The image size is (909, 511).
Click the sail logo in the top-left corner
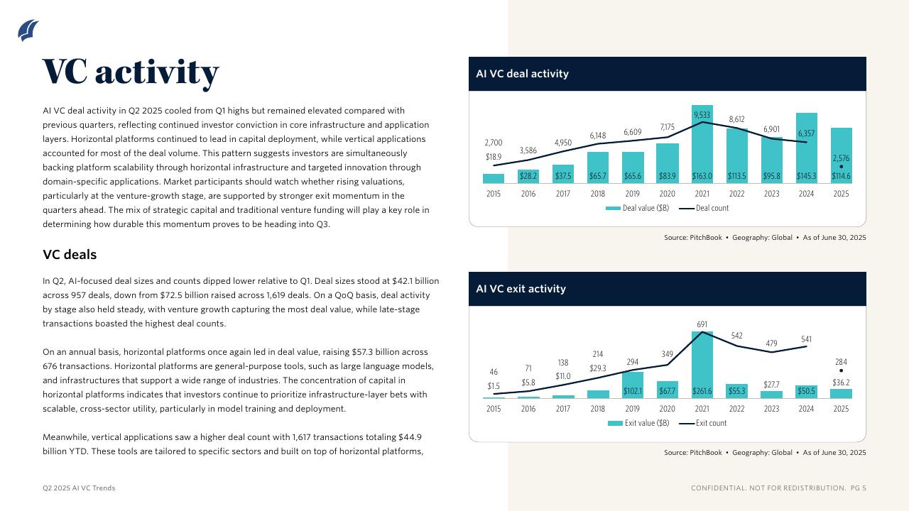tap(28, 31)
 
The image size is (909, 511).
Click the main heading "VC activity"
tap(131, 72)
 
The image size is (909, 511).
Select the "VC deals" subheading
tap(70, 255)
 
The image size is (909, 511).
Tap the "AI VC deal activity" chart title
tap(522, 74)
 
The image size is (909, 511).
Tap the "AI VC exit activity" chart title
tap(521, 289)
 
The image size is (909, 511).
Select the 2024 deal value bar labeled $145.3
tap(806, 149)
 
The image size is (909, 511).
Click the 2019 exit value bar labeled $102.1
tap(632, 385)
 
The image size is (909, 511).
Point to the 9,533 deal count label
tap(702, 115)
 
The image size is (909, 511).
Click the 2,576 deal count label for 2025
tap(841, 158)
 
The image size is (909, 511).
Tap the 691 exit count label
tap(702, 324)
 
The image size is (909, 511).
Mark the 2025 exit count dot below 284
tap(841, 370)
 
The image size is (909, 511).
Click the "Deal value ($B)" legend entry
tap(637, 208)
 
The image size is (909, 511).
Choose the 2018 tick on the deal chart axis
tap(597, 194)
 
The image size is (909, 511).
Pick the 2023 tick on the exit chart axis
tap(771, 409)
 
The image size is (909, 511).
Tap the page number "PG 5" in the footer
tap(859, 488)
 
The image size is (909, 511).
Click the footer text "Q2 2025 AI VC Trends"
tap(79, 488)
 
